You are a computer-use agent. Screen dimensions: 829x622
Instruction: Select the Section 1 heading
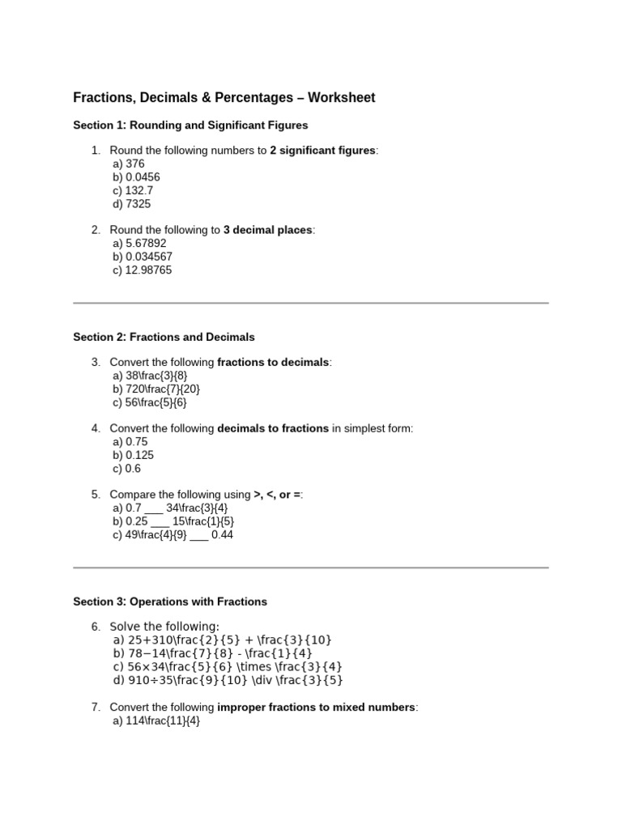190,125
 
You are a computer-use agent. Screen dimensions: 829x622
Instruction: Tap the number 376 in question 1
135,164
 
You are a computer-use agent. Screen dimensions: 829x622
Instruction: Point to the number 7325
138,204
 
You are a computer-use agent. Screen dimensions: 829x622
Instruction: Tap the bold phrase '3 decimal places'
267,230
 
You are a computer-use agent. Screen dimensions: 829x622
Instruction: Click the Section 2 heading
164,337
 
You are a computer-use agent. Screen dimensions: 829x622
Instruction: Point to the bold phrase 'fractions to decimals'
273,362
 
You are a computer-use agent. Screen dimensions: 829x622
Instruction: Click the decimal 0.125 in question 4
139,455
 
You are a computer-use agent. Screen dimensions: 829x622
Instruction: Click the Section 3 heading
170,602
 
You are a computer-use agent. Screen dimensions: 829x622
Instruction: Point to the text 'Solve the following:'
164,627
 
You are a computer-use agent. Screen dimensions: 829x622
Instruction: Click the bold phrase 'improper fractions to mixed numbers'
316,708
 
